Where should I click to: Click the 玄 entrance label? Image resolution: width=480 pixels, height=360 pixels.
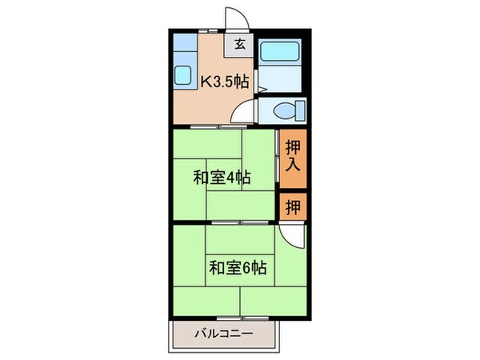click(x=240, y=45)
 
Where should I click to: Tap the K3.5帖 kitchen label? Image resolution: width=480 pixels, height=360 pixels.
click(x=224, y=80)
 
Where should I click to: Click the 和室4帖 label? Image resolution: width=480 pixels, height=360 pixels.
click(x=220, y=177)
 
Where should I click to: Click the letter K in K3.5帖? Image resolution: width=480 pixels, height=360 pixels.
click(x=205, y=80)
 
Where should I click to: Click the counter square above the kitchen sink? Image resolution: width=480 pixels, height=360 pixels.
click(x=182, y=44)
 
